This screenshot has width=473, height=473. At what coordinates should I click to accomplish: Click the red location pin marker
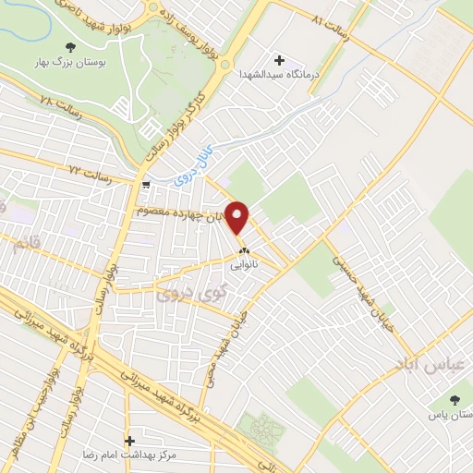pyautogui.click(x=239, y=218)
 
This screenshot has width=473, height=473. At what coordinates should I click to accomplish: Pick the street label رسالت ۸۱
pyautogui.click(x=329, y=18)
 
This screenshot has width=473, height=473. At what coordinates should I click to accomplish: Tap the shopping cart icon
pyautogui.click(x=147, y=185)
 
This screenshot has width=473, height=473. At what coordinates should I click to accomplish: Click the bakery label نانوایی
pyautogui.click(x=245, y=263)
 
